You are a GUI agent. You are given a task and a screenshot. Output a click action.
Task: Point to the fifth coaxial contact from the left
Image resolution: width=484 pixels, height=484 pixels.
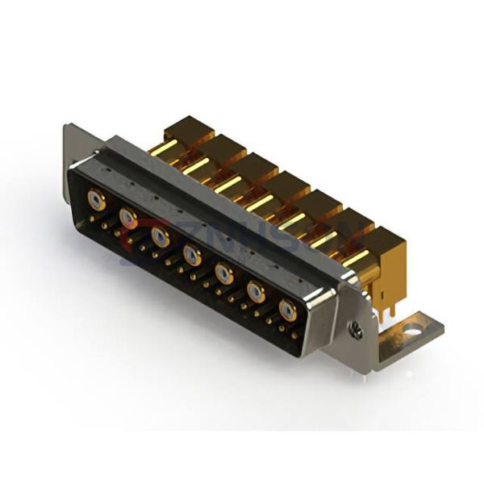223,273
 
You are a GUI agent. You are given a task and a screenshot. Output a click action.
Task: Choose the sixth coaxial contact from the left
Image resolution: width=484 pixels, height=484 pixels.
256,292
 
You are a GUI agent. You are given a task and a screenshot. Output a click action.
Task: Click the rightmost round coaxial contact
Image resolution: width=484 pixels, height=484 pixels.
287,310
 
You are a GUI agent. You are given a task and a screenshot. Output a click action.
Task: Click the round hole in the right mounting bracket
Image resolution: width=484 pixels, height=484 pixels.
414,328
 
